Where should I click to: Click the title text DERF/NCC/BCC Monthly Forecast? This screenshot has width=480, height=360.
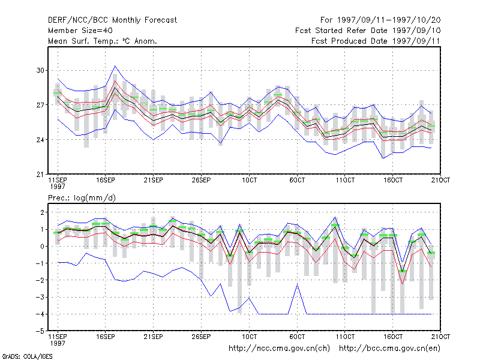pyautogui.click(x=112, y=20)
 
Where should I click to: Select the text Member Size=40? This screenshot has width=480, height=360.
pyautogui.click(x=80, y=31)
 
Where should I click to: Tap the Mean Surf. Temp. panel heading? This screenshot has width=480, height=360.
pyautogui.click(x=102, y=41)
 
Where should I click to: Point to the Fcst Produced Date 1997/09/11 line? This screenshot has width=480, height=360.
pyautogui.click(x=376, y=41)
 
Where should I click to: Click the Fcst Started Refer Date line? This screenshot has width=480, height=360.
pyautogui.click(x=368, y=31)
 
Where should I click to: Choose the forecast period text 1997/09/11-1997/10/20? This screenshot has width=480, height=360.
pyautogui.click(x=389, y=20)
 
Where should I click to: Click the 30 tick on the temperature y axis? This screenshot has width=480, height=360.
pyautogui.click(x=40, y=70)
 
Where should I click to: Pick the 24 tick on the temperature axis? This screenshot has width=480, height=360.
pyautogui.click(x=40, y=140)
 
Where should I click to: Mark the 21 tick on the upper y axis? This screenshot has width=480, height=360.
pyautogui.click(x=40, y=175)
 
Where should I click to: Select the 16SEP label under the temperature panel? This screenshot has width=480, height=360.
pyautogui.click(x=106, y=181)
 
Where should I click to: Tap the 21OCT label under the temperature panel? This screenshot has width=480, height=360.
pyautogui.click(x=440, y=181)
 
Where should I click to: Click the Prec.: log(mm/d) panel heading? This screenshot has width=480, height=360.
pyautogui.click(x=82, y=198)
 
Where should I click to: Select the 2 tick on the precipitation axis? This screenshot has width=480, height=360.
pyautogui.click(x=42, y=212)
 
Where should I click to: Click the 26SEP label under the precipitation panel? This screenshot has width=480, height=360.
pyautogui.click(x=201, y=337)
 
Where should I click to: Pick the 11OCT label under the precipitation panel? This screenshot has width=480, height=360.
pyautogui.click(x=345, y=337)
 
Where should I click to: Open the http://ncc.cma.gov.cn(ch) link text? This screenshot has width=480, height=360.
pyautogui.click(x=279, y=349)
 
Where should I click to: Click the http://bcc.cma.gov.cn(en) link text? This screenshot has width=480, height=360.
pyautogui.click(x=389, y=349)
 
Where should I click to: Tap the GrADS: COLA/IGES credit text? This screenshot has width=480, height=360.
pyautogui.click(x=27, y=356)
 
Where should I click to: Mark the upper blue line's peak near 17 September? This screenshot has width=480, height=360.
pyautogui.click(x=115, y=66)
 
